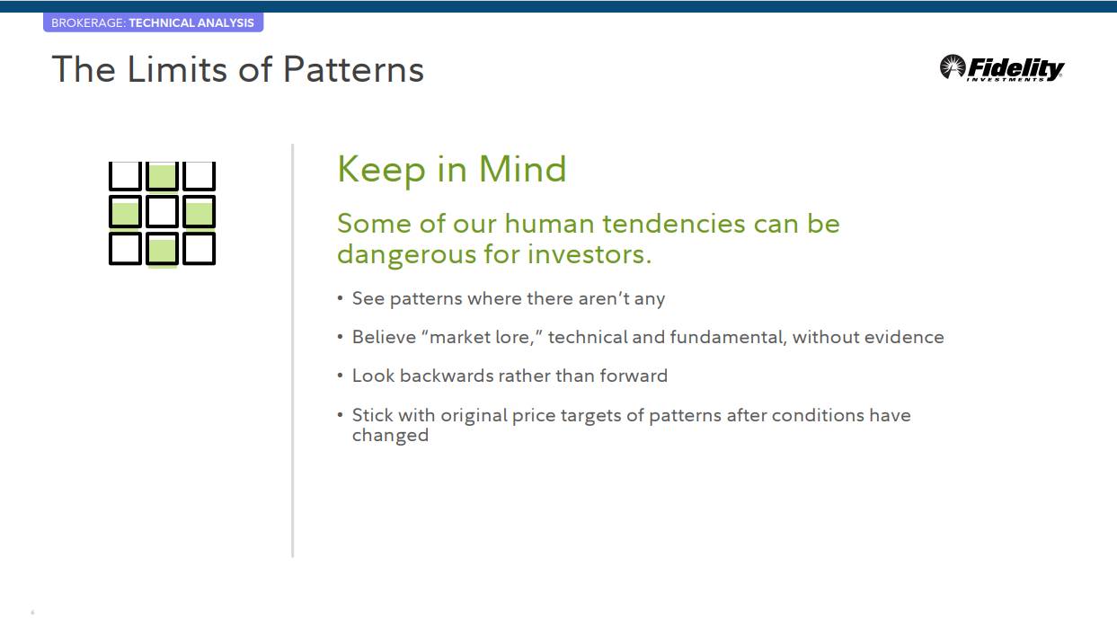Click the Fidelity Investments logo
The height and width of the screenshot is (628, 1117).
click(x=1002, y=68)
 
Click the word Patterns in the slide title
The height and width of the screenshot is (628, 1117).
click(x=353, y=69)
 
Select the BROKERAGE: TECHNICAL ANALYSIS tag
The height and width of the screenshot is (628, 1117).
click(x=153, y=23)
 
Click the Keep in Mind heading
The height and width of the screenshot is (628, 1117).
click(x=452, y=170)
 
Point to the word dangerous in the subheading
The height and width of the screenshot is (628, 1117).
click(x=407, y=255)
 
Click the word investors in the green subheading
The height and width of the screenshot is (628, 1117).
click(x=590, y=253)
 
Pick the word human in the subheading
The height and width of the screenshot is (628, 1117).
click(x=550, y=224)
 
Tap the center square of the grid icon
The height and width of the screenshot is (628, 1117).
click(x=162, y=212)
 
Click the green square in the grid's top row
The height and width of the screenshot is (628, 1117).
click(x=162, y=176)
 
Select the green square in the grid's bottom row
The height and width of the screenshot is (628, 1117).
click(x=162, y=249)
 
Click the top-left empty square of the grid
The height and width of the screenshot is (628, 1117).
click(x=125, y=175)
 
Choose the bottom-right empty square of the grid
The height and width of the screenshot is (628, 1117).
click(x=199, y=248)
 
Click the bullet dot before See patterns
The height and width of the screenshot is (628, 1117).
click(x=340, y=298)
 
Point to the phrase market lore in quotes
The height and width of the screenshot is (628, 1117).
click(x=481, y=338)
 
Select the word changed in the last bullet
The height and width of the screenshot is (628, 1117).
click(x=390, y=436)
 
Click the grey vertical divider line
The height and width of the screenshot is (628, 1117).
click(x=293, y=350)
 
